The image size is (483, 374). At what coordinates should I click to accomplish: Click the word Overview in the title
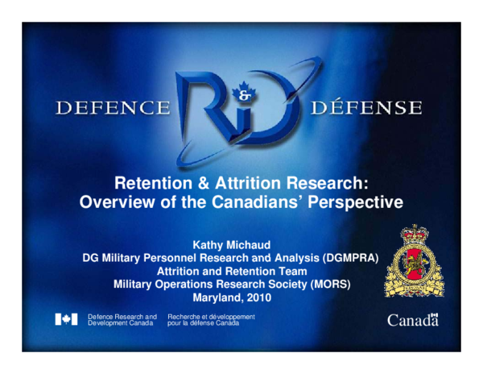point(114,202)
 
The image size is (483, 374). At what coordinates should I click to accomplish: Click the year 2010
point(258,297)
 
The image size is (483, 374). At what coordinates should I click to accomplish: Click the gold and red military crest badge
point(415,260)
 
